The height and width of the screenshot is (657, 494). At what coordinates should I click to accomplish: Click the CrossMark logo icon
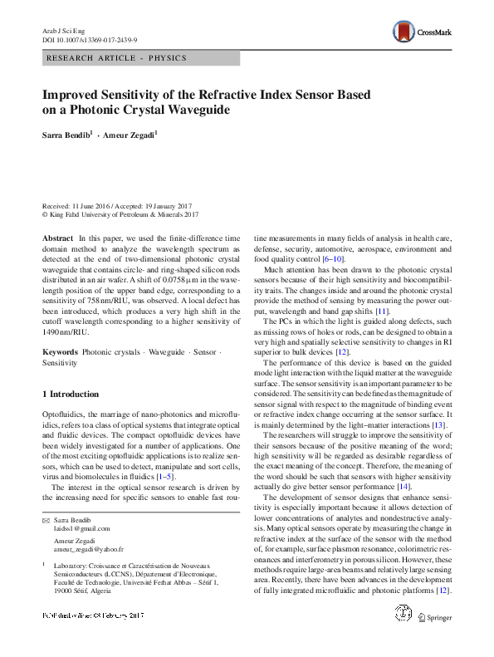pyautogui.click(x=404, y=32)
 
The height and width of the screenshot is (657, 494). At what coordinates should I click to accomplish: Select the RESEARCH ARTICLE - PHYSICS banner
pyautogui.click(x=115, y=58)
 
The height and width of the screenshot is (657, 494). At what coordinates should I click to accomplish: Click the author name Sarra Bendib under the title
pyautogui.click(x=68, y=134)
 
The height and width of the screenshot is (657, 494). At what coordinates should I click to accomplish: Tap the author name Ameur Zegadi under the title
pyautogui.click(x=129, y=134)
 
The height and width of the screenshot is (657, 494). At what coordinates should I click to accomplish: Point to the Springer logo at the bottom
pyautogui.click(x=433, y=640)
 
